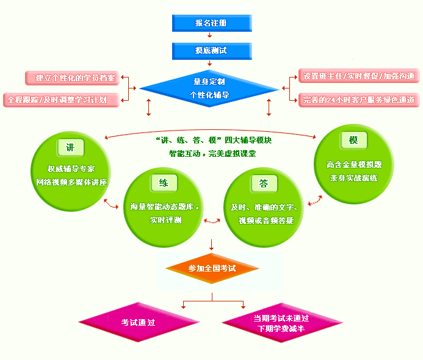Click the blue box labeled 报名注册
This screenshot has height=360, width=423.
[211, 23]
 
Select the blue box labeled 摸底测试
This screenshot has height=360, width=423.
[211, 51]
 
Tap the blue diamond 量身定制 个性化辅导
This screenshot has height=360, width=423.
[209, 88]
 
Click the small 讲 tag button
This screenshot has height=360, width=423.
[70, 147]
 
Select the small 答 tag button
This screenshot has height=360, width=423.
[263, 182]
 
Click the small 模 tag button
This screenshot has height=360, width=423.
[353, 140]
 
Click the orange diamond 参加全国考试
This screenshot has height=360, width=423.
[212, 268]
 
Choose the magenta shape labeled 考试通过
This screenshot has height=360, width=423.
[139, 322]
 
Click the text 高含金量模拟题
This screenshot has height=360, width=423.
[353, 165]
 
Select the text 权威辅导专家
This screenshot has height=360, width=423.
[71, 169]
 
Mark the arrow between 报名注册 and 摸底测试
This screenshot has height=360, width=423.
[211, 37]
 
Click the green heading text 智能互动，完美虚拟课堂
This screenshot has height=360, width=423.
[212, 154]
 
